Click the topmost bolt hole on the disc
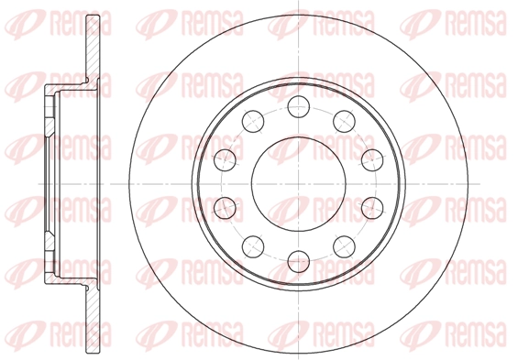click(x=299, y=106)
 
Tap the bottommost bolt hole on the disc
click(x=299, y=261)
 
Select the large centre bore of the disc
click(x=299, y=184)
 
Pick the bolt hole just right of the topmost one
click(x=344, y=121)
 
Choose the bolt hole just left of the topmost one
click(x=253, y=121)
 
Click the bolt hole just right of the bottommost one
click(x=344, y=246)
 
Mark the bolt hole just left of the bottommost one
click(x=253, y=246)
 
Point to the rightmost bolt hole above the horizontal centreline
click(x=372, y=160)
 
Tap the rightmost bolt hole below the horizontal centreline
click(x=372, y=208)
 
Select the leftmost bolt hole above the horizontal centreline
click(x=225, y=160)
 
